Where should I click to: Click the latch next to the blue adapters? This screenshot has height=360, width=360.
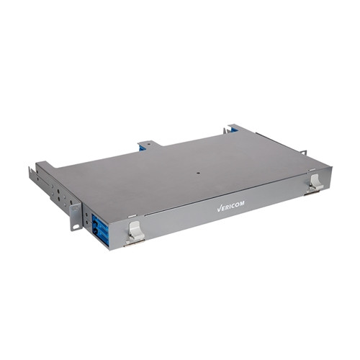point(135,229)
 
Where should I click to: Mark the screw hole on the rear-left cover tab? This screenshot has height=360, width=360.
point(146,144)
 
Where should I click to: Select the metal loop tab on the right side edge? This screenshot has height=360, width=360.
point(303,152)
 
